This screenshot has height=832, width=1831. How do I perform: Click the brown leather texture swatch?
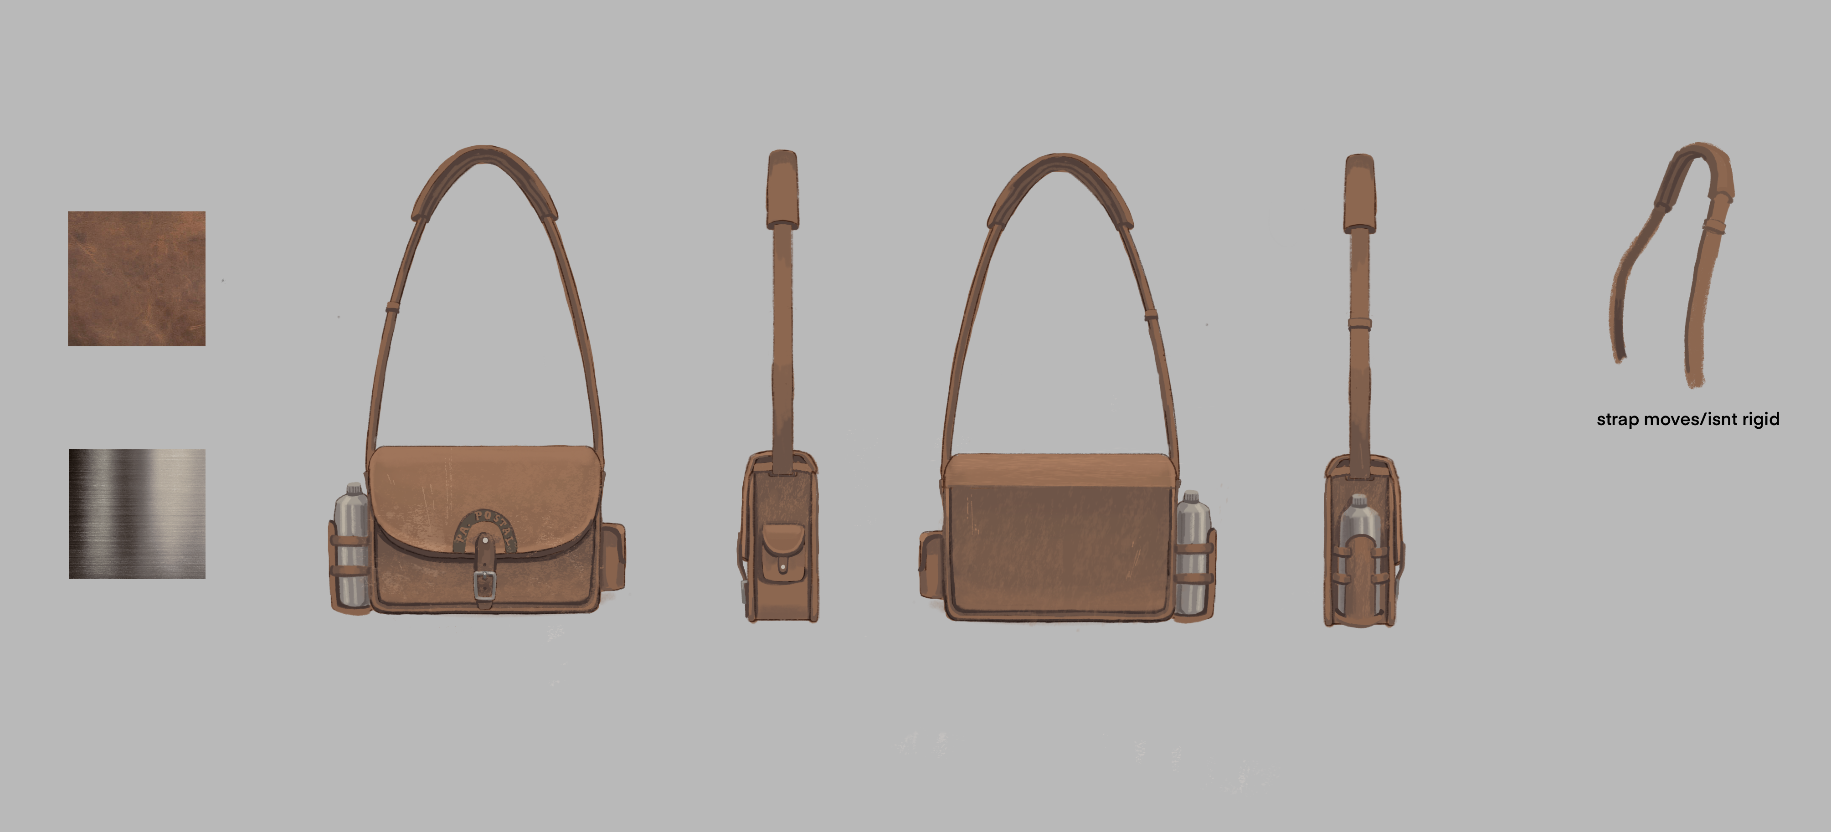point(136,278)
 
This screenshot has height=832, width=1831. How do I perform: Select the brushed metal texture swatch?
point(137,514)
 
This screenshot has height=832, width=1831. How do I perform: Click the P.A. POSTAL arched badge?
point(484,528)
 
